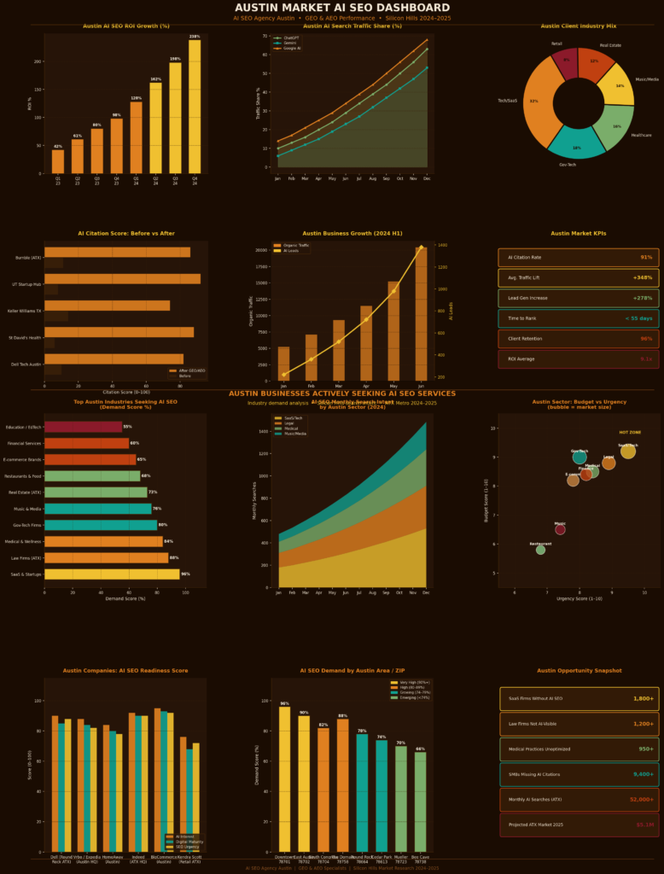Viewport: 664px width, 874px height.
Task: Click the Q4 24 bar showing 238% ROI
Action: pos(195,107)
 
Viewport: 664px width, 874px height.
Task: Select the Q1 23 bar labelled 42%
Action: pos(58,161)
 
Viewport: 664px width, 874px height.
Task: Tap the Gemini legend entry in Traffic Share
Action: pos(290,43)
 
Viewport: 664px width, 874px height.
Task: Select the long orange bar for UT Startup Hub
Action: pos(122,279)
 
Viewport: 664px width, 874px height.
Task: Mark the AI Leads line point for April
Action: pos(366,319)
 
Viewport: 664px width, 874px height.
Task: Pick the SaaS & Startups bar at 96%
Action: pos(112,574)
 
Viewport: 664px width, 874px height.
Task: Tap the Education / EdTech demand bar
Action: pos(83,427)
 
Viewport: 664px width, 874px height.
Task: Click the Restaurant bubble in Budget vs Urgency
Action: pos(540,550)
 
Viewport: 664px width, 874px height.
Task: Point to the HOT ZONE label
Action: pos(630,433)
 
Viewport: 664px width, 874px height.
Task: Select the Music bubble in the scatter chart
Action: pos(560,529)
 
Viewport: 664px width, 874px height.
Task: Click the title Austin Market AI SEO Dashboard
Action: pos(331,8)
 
